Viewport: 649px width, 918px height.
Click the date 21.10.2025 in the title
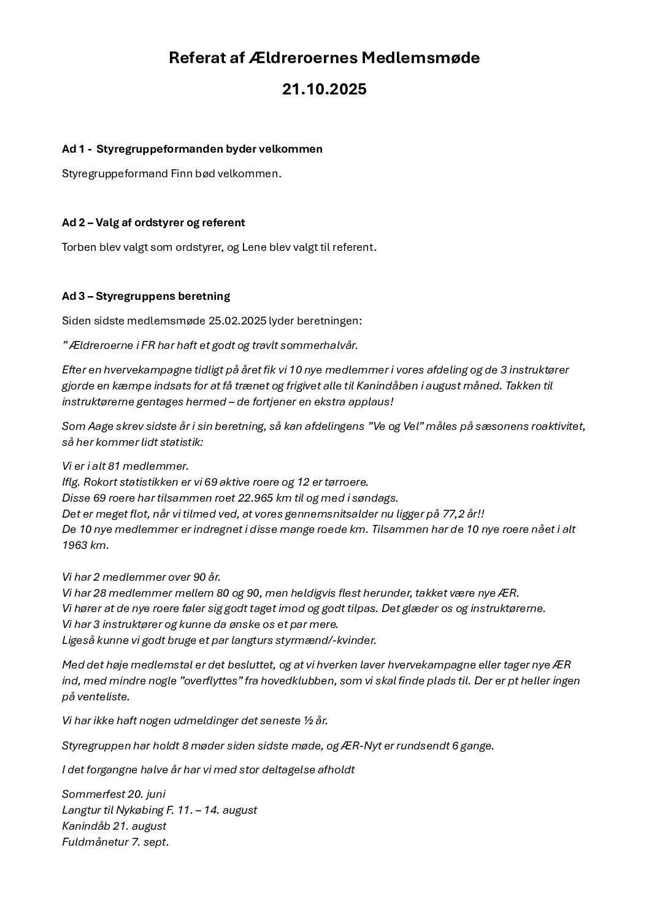click(x=324, y=90)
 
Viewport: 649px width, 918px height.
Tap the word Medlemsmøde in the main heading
click(x=420, y=58)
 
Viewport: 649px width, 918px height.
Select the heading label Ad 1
click(x=73, y=149)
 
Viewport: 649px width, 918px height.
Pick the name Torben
click(x=79, y=247)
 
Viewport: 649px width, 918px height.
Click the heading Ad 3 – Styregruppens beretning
click(x=146, y=296)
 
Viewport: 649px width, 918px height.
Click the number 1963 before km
click(x=75, y=545)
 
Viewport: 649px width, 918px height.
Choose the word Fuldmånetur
click(x=95, y=842)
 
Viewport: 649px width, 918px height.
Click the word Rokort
click(x=100, y=481)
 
